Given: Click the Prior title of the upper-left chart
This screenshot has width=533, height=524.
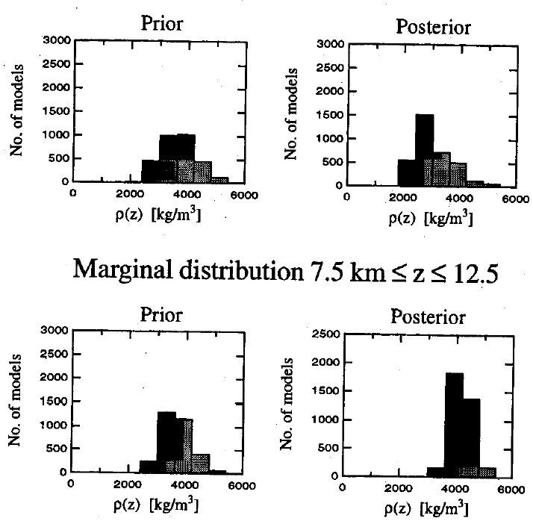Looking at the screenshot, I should click(161, 23).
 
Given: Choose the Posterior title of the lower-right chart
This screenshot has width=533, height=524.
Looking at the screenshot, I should click(428, 316).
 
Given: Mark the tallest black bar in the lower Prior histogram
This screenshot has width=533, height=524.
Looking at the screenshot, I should click(166, 440).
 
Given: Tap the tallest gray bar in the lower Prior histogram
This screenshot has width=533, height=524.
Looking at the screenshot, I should click(184, 445).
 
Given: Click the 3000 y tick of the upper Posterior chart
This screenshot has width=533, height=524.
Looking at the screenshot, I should click(329, 45).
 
